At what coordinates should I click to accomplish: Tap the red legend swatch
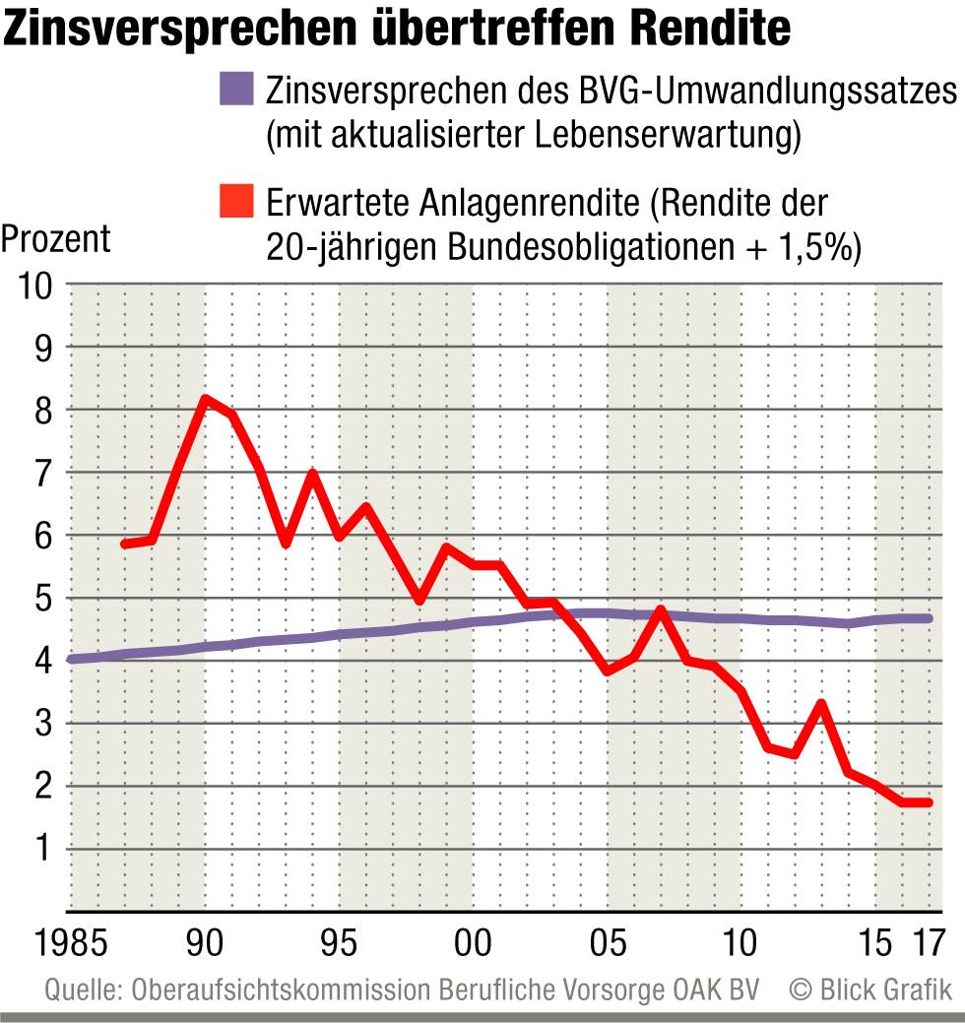coord(237,203)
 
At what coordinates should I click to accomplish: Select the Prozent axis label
coord(56,239)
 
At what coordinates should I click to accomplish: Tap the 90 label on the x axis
coord(204,941)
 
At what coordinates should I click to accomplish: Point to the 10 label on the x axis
coord(740,941)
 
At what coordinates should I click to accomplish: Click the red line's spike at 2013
coord(820,704)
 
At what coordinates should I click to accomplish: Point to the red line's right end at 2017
coord(928,802)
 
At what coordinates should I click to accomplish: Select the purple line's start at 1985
coord(70,660)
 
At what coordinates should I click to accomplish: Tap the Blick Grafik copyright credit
coord(871,990)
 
